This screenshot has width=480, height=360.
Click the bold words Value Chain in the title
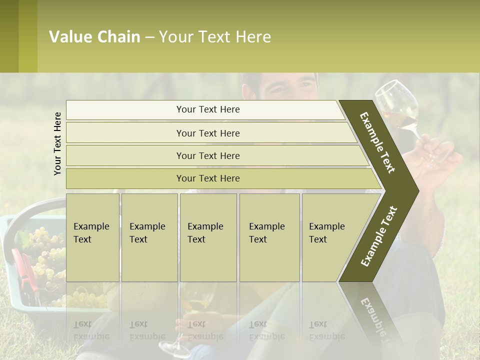(94, 37)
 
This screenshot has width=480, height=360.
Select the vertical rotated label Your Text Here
(57, 143)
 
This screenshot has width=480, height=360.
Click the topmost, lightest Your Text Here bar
(208, 109)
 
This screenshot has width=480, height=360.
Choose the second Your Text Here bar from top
(208, 133)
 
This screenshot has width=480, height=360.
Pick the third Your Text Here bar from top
(208, 155)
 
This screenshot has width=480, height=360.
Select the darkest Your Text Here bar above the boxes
(208, 178)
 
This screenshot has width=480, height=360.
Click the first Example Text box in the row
(92, 237)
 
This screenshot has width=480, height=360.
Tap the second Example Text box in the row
(149, 237)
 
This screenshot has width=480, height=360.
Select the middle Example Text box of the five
(208, 237)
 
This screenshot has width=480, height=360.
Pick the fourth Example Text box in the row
(269, 237)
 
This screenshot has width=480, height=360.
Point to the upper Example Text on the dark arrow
(377, 142)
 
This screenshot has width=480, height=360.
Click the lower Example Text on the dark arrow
(379, 236)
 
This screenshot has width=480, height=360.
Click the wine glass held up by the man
(397, 105)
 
